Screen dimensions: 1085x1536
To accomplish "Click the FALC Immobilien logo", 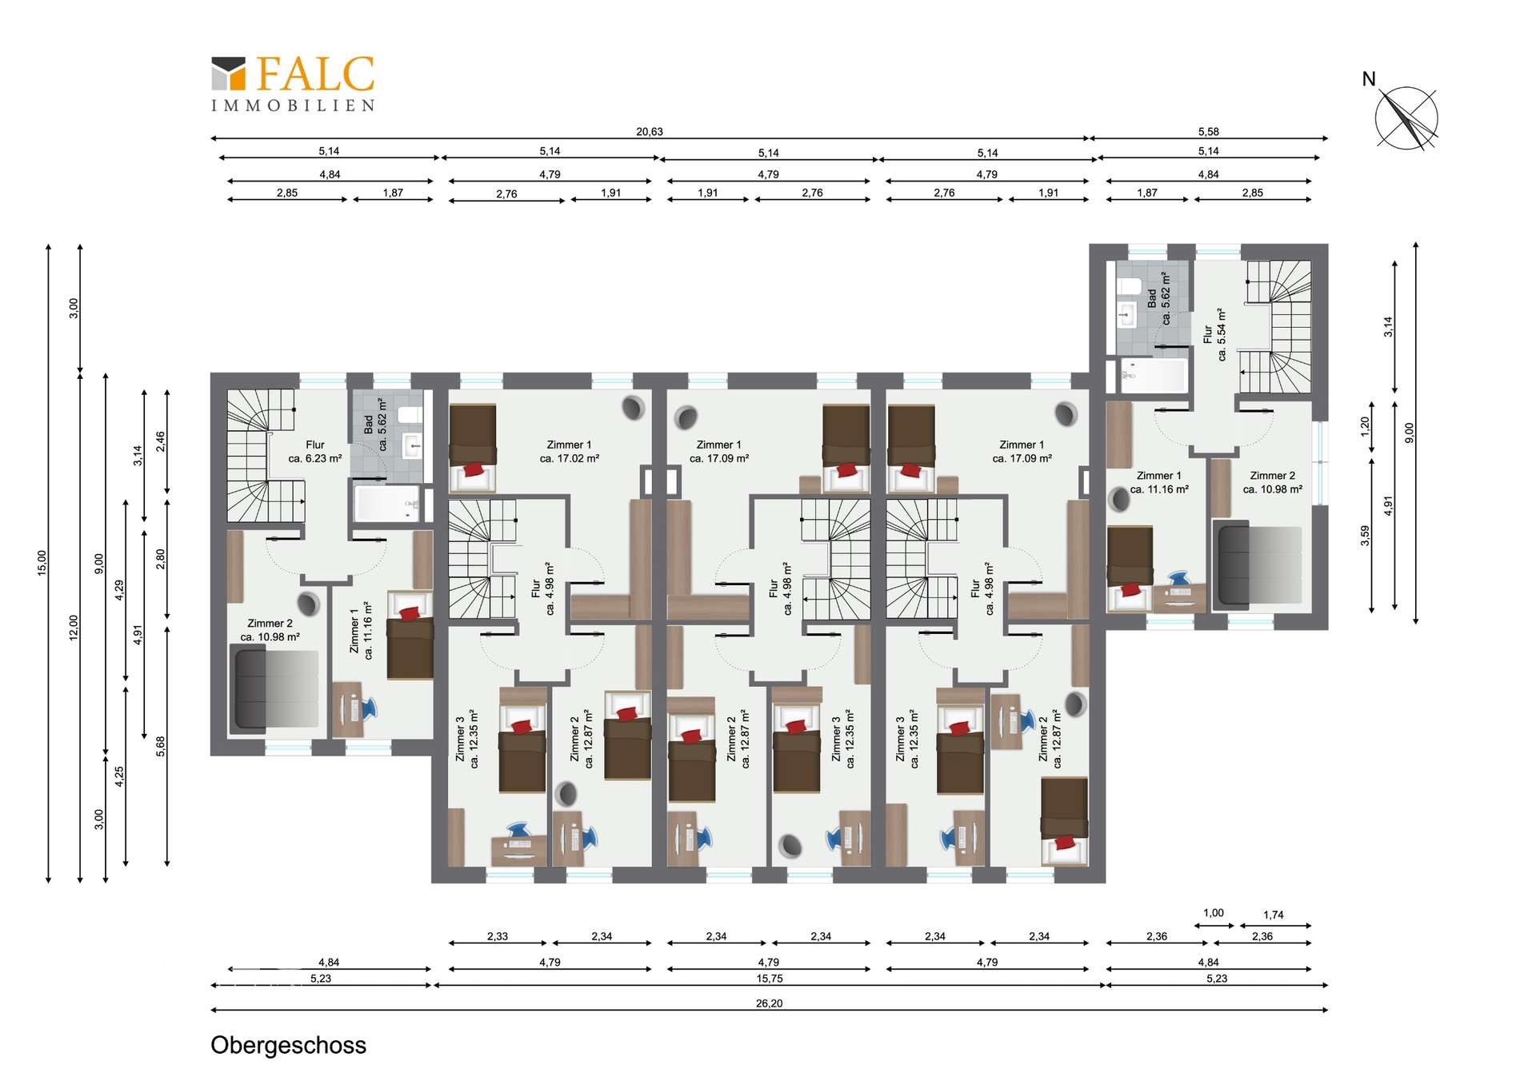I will [293, 82].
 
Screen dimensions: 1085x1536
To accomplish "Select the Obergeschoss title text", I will [288, 1045].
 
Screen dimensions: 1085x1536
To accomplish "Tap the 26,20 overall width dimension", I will [768, 1003].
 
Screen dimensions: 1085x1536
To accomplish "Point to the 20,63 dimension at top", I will [649, 132].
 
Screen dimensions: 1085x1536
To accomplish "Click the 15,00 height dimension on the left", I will [42, 562].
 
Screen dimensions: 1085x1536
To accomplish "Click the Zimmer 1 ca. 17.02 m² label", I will [569, 452].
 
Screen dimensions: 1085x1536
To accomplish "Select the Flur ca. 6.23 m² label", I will [314, 452].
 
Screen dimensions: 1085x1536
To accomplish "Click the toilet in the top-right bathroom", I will [1130, 286].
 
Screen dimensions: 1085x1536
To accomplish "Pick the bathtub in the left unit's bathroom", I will [386, 504].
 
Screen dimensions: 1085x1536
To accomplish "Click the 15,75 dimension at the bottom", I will [769, 979].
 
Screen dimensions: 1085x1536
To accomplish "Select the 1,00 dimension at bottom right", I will [1213, 913].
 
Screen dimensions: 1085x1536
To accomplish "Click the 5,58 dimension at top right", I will [1208, 132].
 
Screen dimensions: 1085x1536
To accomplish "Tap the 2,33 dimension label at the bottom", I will [497, 936].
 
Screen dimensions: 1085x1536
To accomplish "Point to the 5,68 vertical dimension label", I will [161, 746].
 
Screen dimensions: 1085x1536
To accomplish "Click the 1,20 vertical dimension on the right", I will [1366, 426].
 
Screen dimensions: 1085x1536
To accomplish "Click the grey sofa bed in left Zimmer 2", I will [274, 690].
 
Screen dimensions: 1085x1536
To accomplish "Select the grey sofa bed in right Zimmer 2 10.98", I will [1258, 564].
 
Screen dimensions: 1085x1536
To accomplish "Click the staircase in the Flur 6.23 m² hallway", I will [260, 456].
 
